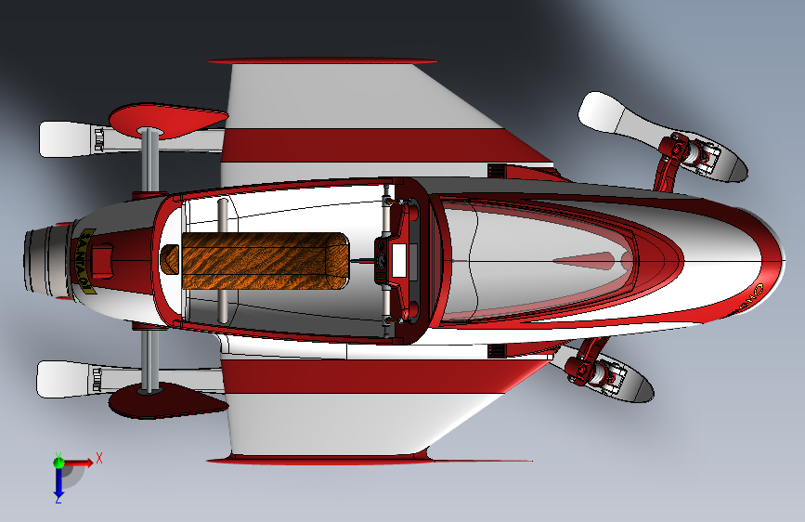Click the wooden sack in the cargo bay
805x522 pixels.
click(265, 260)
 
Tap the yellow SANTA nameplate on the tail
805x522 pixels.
click(83, 261)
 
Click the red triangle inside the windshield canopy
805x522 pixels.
click(585, 261)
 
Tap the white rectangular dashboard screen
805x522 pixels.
click(400, 259)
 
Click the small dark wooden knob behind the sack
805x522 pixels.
click(170, 259)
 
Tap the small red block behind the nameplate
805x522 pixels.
click(104, 259)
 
